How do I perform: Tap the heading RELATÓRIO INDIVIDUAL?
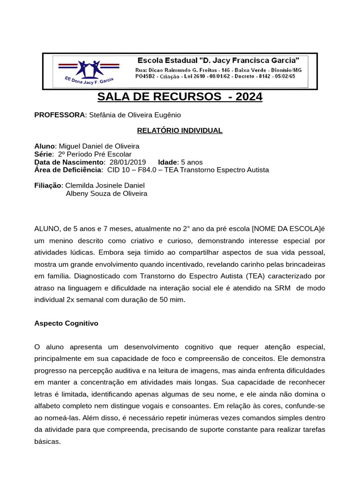tap(180, 130)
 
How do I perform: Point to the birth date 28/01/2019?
tap(127, 162)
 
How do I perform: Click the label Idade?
tap(168, 162)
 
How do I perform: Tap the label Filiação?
tap(48, 185)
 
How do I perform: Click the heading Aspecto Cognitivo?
tap(66, 323)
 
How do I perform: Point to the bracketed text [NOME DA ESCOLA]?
tap(286, 229)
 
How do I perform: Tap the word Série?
tap(43, 154)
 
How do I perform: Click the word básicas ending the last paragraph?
tap(47, 442)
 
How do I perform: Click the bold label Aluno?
tap(45, 146)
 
